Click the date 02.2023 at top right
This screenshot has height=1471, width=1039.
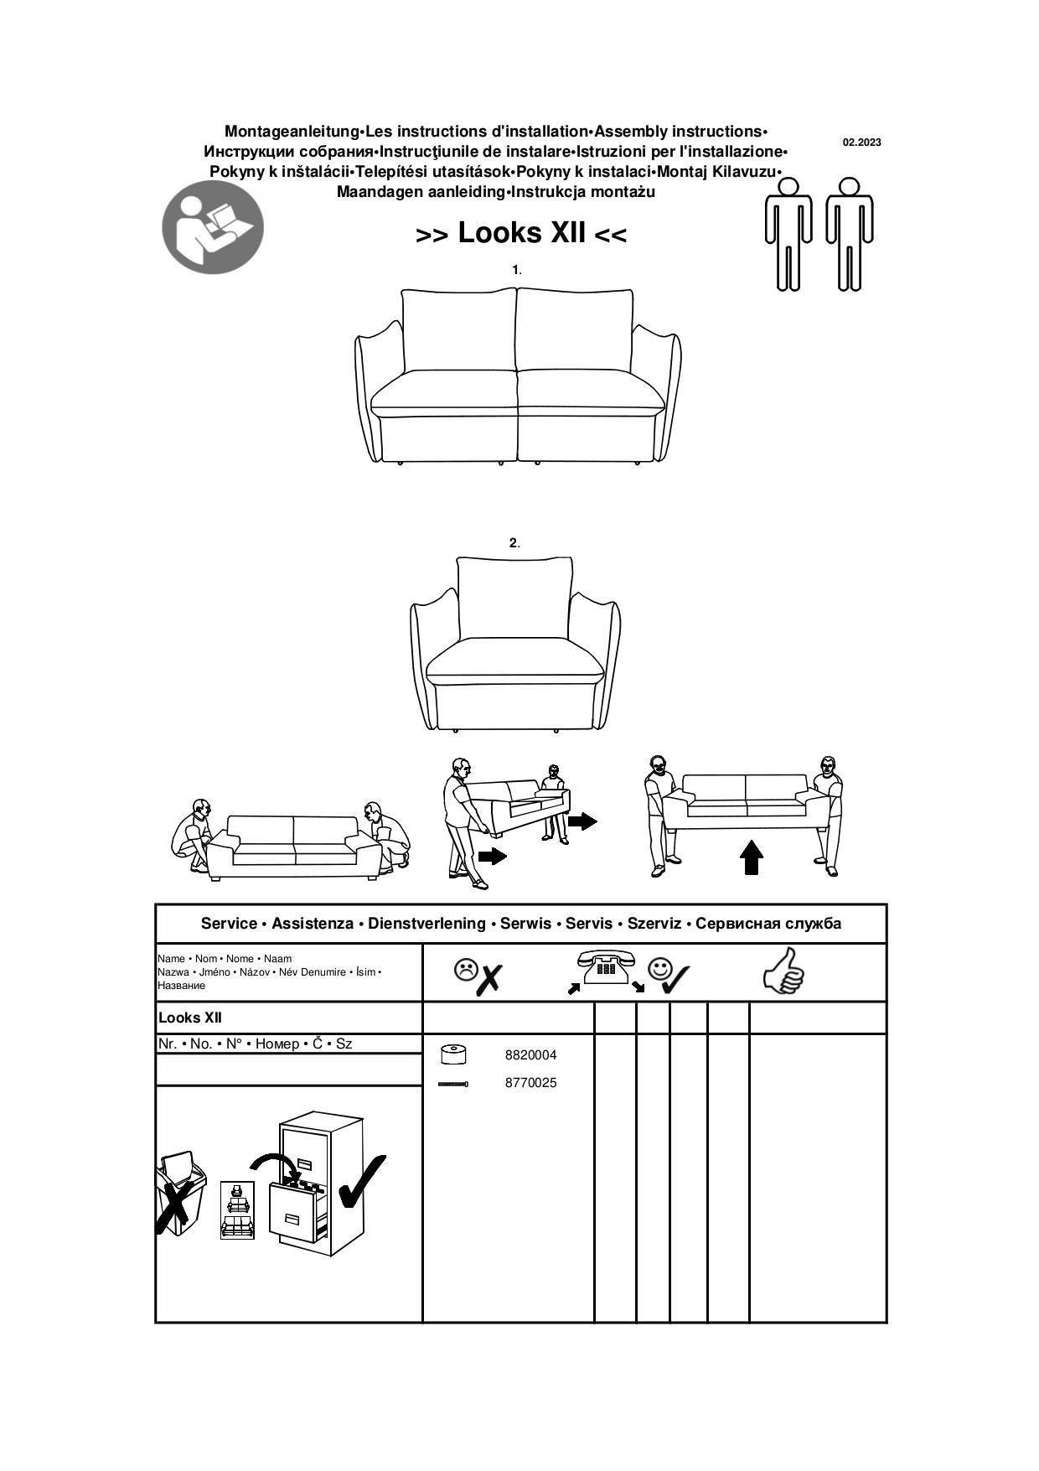[861, 142]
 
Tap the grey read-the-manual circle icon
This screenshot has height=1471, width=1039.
[213, 227]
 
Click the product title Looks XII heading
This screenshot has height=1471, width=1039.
[521, 233]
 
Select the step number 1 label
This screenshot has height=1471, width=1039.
[516, 270]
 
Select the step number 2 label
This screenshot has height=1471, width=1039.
[514, 543]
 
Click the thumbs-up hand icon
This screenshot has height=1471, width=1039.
[784, 971]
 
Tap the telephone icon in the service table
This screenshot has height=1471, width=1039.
[606, 969]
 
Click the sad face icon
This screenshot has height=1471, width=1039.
[464, 970]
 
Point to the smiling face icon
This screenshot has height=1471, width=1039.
[660, 969]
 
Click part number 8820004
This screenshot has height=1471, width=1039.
[530, 1055]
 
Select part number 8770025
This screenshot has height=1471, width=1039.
[530, 1083]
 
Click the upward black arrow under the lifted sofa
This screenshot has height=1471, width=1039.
[752, 857]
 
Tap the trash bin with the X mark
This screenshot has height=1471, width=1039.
[180, 1193]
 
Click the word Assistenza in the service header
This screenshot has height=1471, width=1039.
[313, 924]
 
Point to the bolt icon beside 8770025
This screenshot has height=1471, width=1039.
[453, 1084]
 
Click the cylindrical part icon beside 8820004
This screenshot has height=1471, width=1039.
[453, 1054]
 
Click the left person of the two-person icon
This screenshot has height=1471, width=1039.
[788, 234]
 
